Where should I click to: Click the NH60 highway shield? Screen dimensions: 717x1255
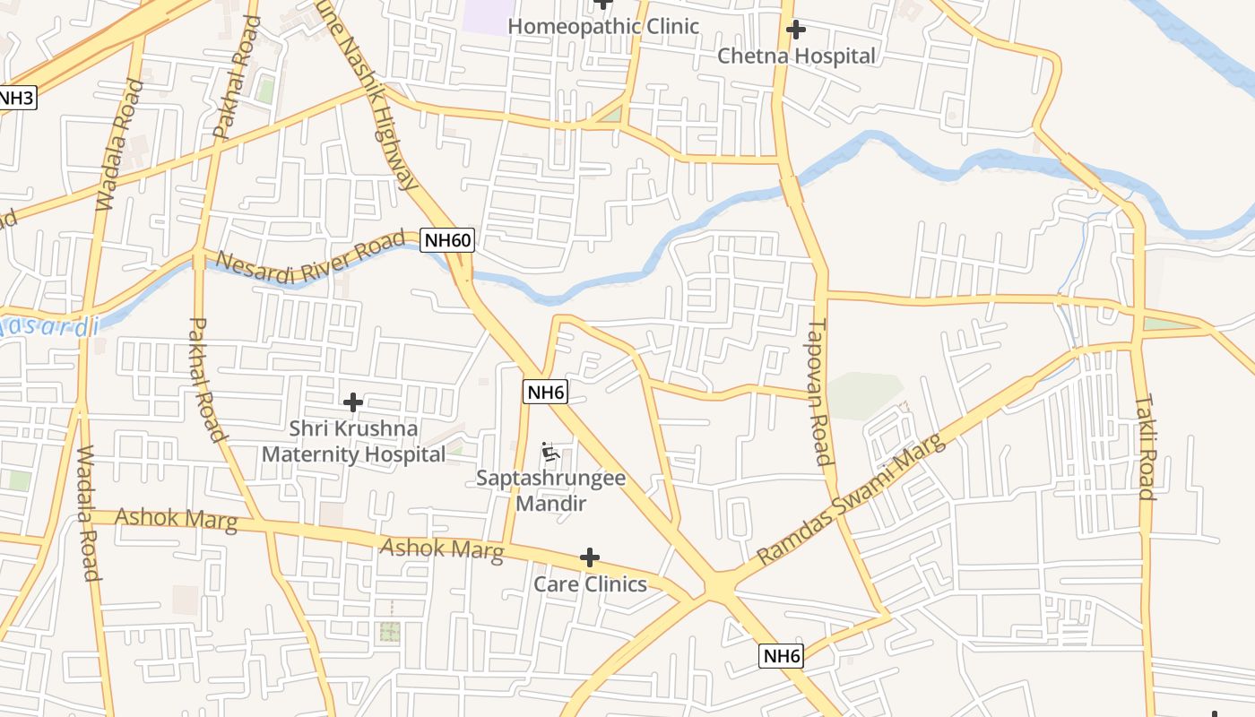447,240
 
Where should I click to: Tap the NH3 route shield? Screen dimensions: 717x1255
16,98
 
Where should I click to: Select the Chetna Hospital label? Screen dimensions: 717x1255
796,56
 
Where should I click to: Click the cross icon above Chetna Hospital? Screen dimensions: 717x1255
795,30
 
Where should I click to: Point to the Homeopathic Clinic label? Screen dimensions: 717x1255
602,26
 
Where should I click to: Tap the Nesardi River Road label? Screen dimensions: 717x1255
310,258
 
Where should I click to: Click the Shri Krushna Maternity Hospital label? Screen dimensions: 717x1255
353,442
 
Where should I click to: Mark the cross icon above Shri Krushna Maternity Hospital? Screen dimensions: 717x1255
353,402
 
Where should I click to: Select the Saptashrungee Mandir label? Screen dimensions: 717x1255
550,490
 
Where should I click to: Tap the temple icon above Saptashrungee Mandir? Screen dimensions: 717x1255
550,453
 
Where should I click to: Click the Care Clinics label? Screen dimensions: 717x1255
590,584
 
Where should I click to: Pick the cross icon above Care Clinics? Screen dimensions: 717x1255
589,558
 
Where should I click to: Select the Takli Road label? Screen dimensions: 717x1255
1145,446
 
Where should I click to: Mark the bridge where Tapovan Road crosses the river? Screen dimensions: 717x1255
792,190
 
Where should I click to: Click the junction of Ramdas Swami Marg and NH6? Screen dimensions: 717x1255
719,587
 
